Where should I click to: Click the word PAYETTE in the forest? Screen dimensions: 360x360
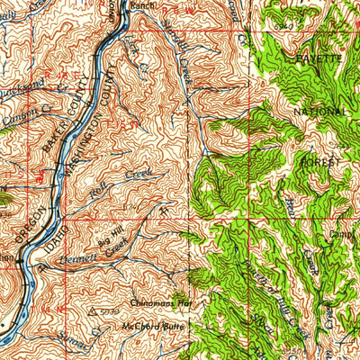pyautogui.click(x=319, y=57)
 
